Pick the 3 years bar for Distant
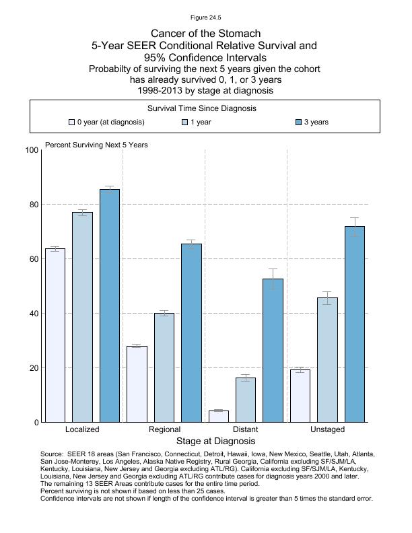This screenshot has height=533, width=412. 273,350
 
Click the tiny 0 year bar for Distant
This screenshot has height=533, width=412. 219,417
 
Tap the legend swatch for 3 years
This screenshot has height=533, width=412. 299,122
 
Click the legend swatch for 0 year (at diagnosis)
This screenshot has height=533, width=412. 71,122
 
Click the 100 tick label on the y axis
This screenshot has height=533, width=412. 32,150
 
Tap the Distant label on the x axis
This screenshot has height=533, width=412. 245,429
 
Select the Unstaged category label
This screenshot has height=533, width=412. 327,429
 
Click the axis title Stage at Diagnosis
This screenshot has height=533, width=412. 215,441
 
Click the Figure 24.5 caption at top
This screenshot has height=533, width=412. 205,17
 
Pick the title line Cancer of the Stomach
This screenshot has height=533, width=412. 205,33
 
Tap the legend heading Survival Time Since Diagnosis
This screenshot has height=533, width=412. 201,108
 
